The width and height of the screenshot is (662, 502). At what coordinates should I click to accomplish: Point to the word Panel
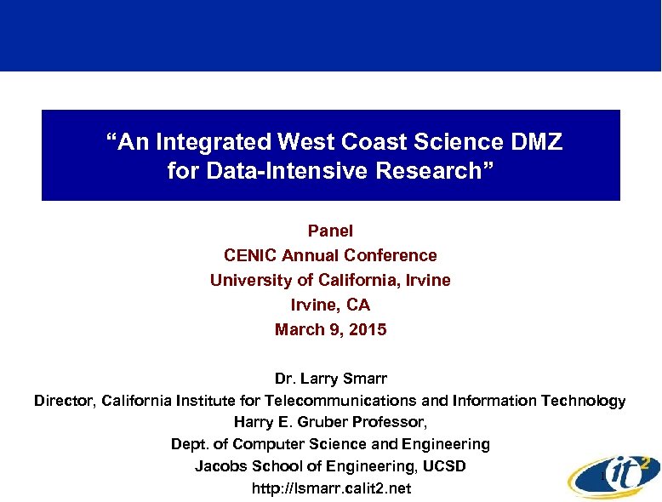[330, 231]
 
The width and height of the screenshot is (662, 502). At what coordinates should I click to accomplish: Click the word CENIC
[250, 255]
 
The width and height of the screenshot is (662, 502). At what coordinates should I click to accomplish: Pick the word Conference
[396, 255]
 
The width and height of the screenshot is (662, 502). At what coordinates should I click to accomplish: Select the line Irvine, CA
[330, 305]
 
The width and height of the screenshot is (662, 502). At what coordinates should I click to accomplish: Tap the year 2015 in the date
[368, 329]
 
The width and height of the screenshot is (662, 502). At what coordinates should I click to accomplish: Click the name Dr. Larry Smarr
[330, 377]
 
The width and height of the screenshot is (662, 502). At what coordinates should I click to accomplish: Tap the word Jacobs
[220, 466]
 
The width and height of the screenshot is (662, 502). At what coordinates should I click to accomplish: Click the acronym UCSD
[443, 466]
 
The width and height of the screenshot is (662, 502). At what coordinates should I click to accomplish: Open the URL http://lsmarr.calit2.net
[331, 488]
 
